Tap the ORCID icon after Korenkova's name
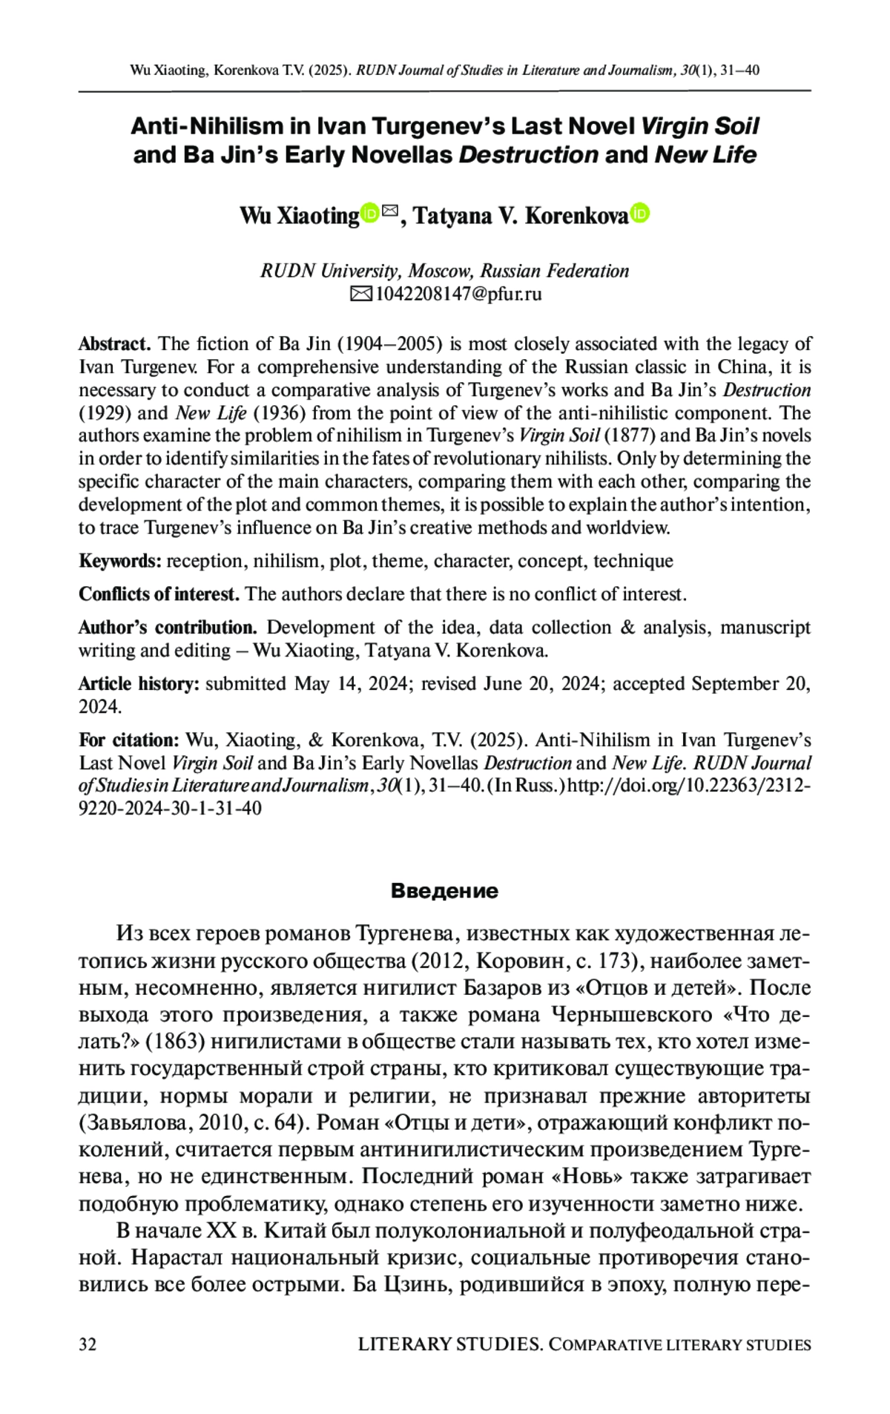(x=640, y=214)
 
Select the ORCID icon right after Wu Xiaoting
(x=369, y=213)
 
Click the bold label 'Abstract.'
(x=115, y=344)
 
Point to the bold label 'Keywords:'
(x=120, y=561)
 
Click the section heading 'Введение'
(x=444, y=890)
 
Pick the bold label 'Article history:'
(x=139, y=683)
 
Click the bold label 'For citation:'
(x=129, y=740)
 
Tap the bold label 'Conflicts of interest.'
(x=159, y=594)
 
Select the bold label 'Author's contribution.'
(x=168, y=628)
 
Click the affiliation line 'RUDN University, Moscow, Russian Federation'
(x=444, y=271)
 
